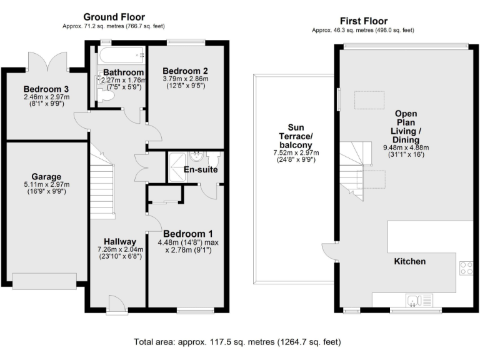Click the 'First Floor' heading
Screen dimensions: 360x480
click(x=364, y=21)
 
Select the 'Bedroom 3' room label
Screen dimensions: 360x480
click(x=46, y=88)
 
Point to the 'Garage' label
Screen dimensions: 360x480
click(x=46, y=176)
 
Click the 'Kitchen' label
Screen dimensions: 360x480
click(x=409, y=261)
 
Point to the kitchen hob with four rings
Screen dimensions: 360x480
click(x=466, y=267)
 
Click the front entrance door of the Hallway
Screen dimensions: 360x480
click(x=116, y=306)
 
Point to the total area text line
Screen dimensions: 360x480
click(x=237, y=342)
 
